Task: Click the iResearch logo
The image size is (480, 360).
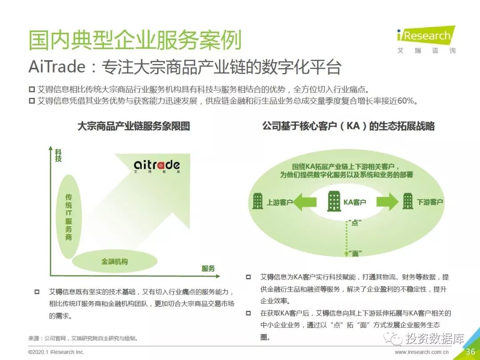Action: point(426,40)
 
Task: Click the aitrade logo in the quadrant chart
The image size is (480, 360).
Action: point(157,166)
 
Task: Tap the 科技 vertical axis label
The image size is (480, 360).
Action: point(58,156)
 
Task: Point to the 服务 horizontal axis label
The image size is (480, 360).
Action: point(208,268)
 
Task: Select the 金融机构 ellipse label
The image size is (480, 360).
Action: point(115,261)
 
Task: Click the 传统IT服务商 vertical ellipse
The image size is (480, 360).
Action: point(69,217)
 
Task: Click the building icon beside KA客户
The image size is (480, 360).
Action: point(334,201)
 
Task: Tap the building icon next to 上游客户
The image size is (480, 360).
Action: point(257,201)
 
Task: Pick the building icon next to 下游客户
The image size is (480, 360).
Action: point(408,201)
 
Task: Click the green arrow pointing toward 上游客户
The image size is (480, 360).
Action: point(304,202)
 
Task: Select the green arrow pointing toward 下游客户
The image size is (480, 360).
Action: point(388,202)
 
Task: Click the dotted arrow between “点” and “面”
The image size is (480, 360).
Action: point(347,239)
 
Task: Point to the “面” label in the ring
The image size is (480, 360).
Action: point(355,253)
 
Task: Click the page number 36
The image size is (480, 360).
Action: point(471,352)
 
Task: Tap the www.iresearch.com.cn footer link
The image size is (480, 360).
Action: point(421,352)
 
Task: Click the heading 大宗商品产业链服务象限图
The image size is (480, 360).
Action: point(134,126)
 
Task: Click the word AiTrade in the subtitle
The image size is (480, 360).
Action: point(57,67)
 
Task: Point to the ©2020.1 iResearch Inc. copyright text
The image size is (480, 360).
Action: point(56,352)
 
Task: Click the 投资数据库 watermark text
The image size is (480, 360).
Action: point(435,338)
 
